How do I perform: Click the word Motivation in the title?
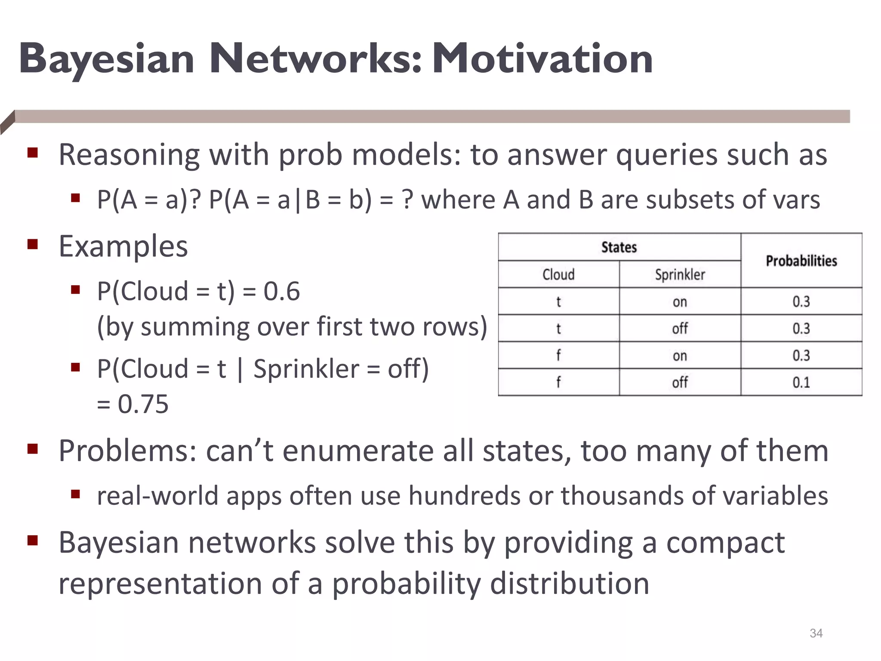pyautogui.click(x=543, y=59)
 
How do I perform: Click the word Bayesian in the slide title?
pyautogui.click(x=107, y=59)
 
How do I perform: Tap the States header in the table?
pyautogui.click(x=619, y=247)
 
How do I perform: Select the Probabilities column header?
pyautogui.click(x=801, y=261)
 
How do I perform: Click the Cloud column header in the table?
pyautogui.click(x=558, y=275)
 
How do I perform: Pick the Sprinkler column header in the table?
pyautogui.click(x=680, y=275)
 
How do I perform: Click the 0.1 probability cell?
pyautogui.click(x=801, y=383)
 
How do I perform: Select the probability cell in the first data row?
pyautogui.click(x=801, y=302)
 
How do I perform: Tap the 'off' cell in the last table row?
pyautogui.click(x=680, y=383)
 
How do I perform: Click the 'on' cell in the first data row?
pyautogui.click(x=680, y=302)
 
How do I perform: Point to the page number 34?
pyautogui.click(x=816, y=633)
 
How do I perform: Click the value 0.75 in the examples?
pyautogui.click(x=143, y=405)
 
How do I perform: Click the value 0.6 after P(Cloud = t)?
pyautogui.click(x=281, y=291)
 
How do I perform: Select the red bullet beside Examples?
pyautogui.click(x=33, y=244)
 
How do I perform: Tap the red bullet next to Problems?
pyautogui.click(x=33, y=449)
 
